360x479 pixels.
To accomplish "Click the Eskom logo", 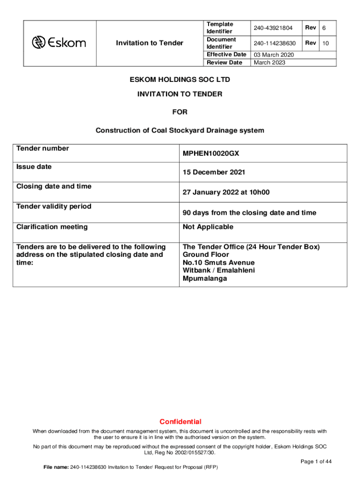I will tap(59, 43).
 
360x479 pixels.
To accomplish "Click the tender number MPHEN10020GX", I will tap(211, 153).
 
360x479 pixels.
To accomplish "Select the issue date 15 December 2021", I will tap(214, 173).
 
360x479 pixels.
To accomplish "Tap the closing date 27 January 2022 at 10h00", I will tap(226, 192).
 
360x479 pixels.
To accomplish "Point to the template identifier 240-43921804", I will tap(273, 28).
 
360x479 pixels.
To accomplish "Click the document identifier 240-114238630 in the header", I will tap(275, 44).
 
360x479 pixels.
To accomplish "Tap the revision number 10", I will tap(326, 44).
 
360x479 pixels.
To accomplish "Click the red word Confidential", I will tap(180, 421).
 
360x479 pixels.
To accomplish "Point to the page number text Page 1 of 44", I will tap(316, 462).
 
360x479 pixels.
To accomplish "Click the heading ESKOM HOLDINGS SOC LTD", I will tap(180, 80).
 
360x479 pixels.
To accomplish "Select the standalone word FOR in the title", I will tap(180, 112).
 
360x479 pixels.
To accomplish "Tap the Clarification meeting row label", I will tap(52, 227).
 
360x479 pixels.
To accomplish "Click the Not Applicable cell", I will tap(208, 227).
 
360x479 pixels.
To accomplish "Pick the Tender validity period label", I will tap(54, 206).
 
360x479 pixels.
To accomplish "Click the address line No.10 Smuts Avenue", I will tap(218, 262).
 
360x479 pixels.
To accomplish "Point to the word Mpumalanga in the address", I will tap(205, 278).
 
